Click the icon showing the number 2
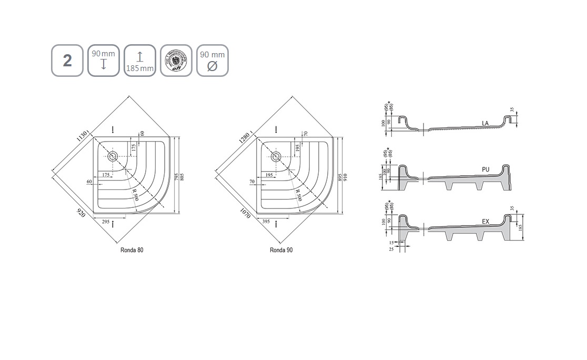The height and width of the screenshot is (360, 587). (x=67, y=61)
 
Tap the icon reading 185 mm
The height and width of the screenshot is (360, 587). (x=140, y=61)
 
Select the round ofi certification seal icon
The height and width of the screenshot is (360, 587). (x=176, y=61)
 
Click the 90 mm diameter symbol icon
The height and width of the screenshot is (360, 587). (x=212, y=61)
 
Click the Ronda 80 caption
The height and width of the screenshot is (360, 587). (x=131, y=250)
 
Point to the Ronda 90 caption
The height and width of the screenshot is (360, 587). (x=281, y=250)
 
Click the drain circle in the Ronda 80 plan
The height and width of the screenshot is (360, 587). (x=113, y=156)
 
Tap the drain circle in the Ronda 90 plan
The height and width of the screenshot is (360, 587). (x=275, y=156)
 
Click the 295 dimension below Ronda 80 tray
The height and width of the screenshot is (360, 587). (x=105, y=222)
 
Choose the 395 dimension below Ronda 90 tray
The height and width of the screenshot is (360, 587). (x=266, y=222)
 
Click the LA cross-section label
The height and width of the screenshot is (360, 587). (x=485, y=123)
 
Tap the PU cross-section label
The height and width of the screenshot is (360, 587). (x=485, y=169)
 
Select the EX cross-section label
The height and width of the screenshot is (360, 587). (x=485, y=222)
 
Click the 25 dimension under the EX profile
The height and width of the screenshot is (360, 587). (x=391, y=248)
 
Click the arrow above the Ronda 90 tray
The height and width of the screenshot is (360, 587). (x=277, y=130)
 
